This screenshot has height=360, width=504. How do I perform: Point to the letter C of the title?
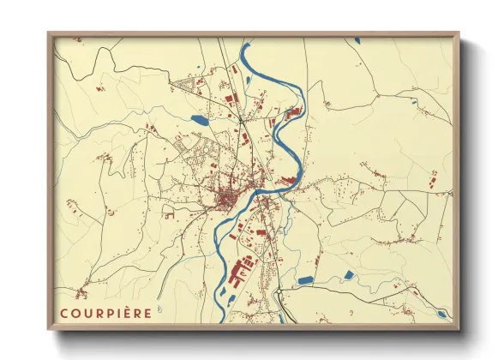[x=64, y=312]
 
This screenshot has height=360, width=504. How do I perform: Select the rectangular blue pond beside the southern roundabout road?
[x=305, y=279]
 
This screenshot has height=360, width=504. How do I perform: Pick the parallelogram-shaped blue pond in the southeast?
[x=348, y=274]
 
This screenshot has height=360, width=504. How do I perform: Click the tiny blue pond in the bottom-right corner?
[x=443, y=315]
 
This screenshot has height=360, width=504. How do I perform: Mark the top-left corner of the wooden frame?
[x=50, y=33]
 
